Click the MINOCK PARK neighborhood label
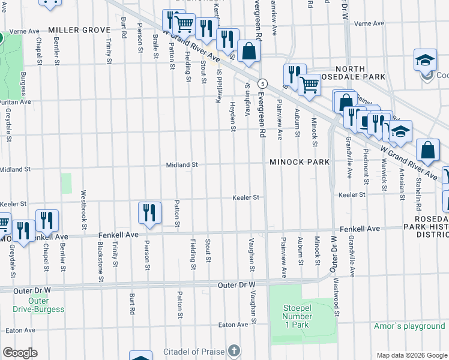pyautogui.click(x=300, y=162)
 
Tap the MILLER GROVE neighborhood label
pyautogui.click(x=79, y=30)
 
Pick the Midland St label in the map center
pyautogui.click(x=182, y=164)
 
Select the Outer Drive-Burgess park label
pyautogui.click(x=38, y=305)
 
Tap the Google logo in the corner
pyautogui.click(x=20, y=353)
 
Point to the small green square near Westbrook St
pyautogui.click(x=66, y=183)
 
